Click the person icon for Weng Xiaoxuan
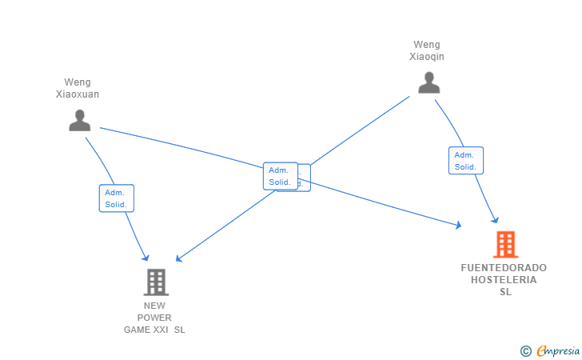click(x=79, y=120)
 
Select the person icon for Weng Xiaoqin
click(x=429, y=82)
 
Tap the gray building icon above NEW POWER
click(x=156, y=282)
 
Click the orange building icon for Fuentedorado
click(x=504, y=244)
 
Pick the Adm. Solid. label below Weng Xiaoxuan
click(x=117, y=198)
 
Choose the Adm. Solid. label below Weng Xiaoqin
click(x=465, y=161)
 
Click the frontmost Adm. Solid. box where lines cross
click(x=280, y=176)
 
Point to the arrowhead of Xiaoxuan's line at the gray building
click(x=146, y=258)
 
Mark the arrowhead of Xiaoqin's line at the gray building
click(x=179, y=258)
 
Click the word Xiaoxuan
click(x=78, y=94)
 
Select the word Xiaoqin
click(x=427, y=57)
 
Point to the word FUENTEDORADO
click(x=504, y=268)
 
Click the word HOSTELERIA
click(x=504, y=280)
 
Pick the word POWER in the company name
click(x=154, y=318)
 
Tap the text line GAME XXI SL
click(x=154, y=330)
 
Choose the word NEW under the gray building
click(x=154, y=306)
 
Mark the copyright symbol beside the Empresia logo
click(x=526, y=350)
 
